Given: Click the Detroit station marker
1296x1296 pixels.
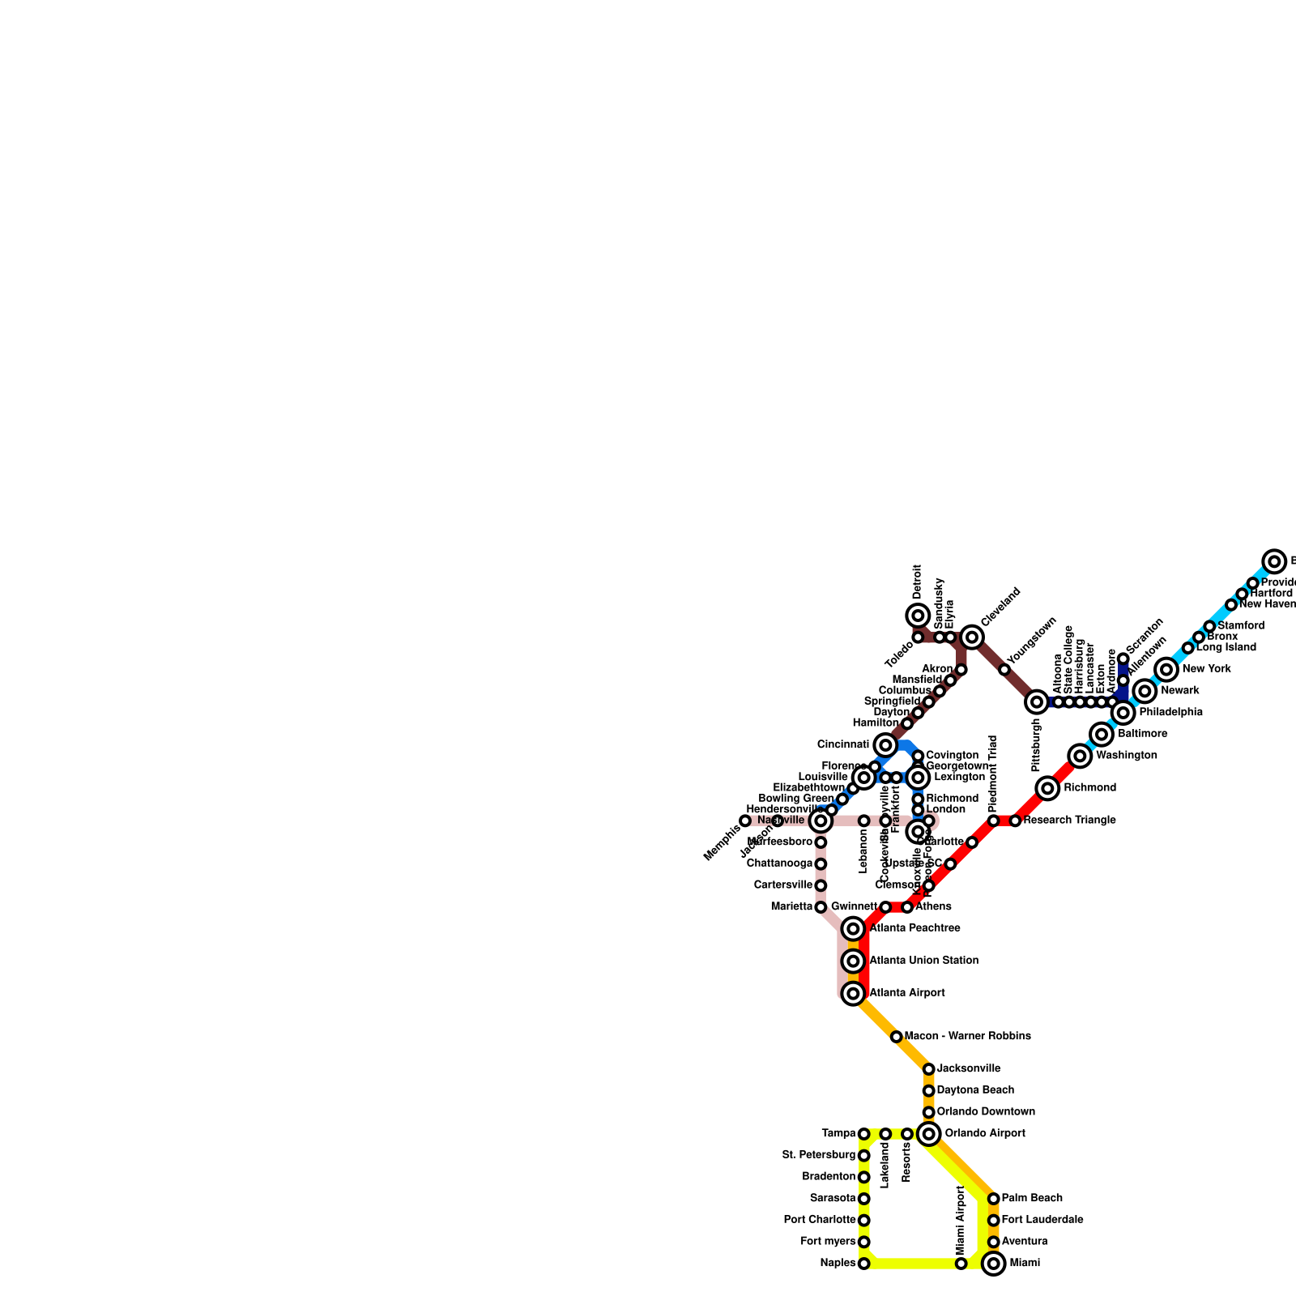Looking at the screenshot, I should pos(918,616).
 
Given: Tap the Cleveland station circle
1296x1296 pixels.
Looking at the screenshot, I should pos(972,637).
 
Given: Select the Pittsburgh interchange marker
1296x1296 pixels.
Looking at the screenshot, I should pos(1037,702).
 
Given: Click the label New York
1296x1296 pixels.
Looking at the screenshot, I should pos(1206,669).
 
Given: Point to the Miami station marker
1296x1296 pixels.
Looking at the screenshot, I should pos(994,1264).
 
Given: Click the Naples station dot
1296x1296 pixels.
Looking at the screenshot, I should pos(864,1264).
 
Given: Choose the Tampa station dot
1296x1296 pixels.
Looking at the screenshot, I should pos(864,1134).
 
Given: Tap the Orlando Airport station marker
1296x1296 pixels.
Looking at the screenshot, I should pos(929,1134).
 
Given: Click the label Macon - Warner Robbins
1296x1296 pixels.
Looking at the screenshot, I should pos(967,1036).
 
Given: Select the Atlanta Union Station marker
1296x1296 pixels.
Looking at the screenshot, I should pos(853,961).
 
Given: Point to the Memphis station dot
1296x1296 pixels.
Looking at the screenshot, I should pos(745,821).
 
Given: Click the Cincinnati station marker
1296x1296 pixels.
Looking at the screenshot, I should pos(885,745).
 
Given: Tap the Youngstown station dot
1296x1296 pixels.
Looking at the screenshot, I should pos(1004,670).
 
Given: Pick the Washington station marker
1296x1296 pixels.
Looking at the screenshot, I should pos(1080,756).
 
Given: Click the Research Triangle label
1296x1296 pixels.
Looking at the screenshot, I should pos(1069,821).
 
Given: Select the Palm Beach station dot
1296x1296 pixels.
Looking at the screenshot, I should pos(994,1199).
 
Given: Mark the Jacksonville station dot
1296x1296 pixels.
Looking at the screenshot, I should pos(929,1069).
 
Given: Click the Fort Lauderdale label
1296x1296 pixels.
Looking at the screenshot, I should pos(1042,1220).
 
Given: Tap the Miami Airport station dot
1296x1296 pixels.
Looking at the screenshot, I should pos(961,1264).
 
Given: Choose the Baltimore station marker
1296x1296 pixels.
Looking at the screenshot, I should pos(1102,735).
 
